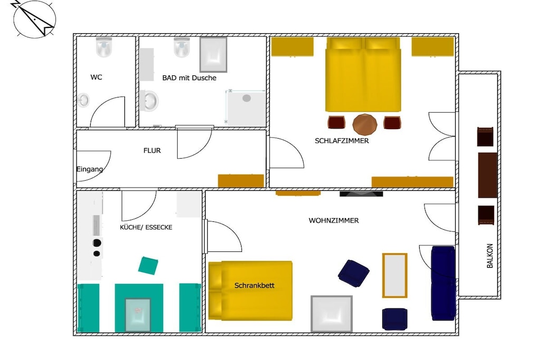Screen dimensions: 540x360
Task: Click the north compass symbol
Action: point(33,19)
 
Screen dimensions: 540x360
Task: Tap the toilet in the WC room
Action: point(104,47)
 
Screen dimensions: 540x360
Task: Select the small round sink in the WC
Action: point(83,100)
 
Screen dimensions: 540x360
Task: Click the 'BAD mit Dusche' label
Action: point(189,78)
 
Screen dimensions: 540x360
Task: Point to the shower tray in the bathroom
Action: point(246,108)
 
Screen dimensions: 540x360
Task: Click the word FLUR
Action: point(152,150)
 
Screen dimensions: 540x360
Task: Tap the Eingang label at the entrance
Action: point(90,169)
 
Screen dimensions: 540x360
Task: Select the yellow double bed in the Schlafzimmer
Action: point(363,74)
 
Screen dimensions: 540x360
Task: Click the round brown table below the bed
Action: point(365,124)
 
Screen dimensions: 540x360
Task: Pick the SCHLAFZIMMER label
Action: point(342,141)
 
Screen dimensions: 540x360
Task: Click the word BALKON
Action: point(490,256)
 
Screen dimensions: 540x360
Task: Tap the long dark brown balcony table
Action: point(488,175)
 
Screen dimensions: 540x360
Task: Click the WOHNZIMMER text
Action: point(334,221)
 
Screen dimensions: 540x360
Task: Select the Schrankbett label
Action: point(255,285)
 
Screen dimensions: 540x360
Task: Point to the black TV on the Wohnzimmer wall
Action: point(361,194)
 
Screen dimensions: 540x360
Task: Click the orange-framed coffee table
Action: point(394,275)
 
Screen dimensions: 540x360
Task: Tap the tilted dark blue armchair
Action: point(354,273)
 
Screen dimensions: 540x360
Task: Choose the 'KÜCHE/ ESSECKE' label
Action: point(146,228)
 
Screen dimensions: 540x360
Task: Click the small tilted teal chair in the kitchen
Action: point(148,265)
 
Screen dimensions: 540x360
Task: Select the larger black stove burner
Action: point(97,243)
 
